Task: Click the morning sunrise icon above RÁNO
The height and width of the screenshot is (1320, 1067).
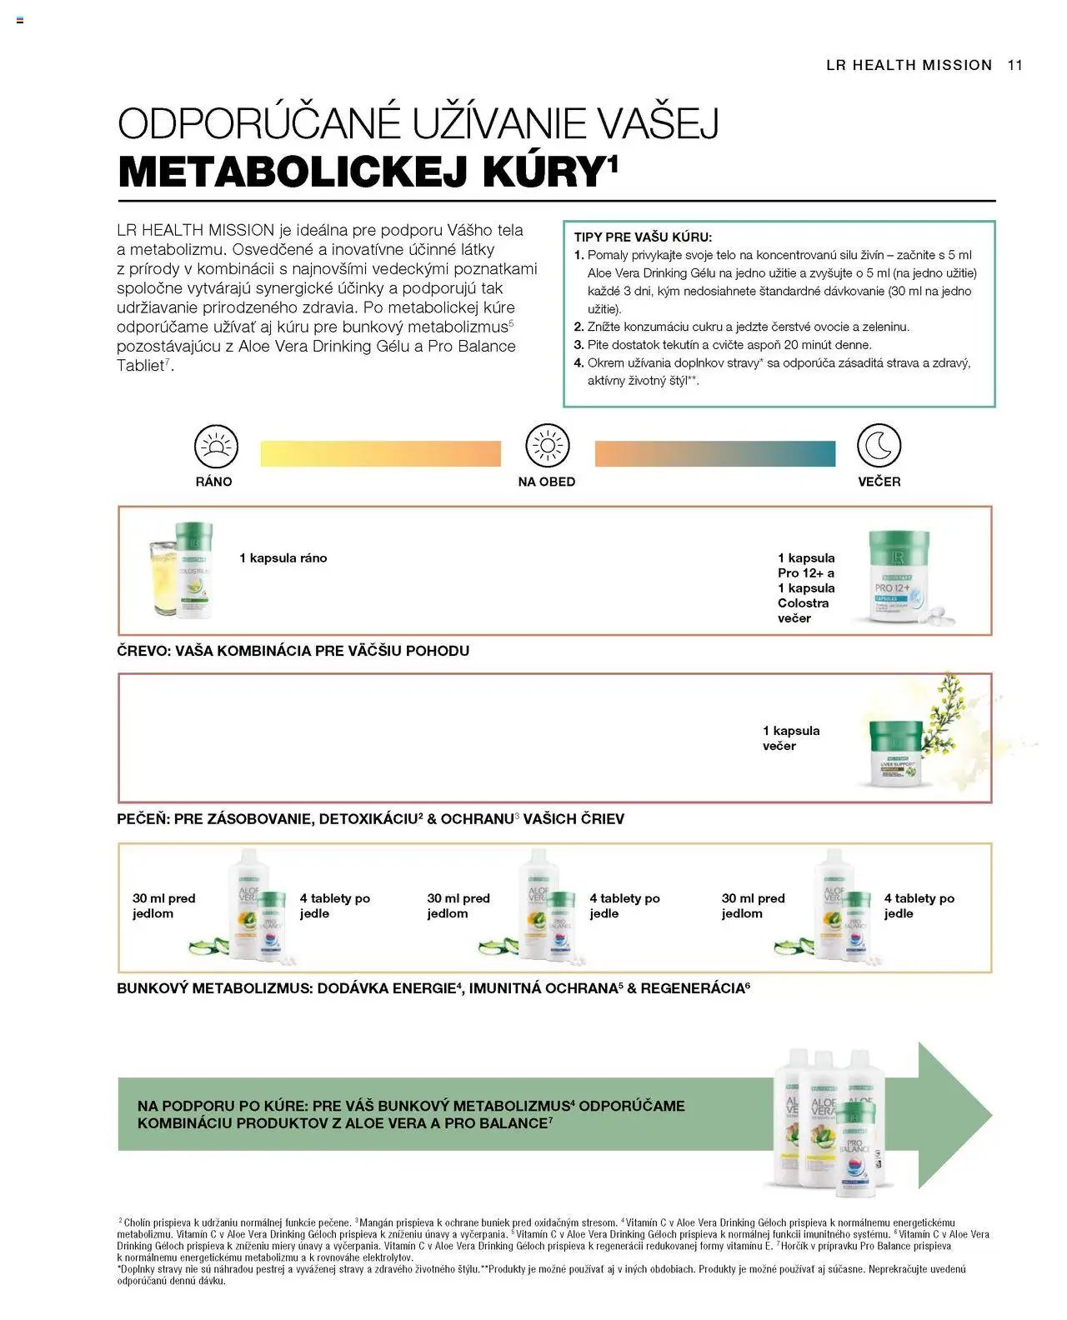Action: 216,446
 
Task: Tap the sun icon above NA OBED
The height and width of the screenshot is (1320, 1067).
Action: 547,446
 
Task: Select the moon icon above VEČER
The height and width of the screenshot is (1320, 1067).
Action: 879,446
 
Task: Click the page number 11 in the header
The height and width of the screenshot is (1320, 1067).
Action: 1014,65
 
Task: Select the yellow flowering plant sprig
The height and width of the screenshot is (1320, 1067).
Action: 949,717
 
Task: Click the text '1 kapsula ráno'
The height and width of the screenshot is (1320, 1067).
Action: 283,558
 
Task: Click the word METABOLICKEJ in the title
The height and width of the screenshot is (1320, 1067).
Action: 296,172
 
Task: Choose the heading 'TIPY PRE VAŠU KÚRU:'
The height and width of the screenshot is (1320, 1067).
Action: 643,237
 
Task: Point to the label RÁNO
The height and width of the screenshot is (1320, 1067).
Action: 214,482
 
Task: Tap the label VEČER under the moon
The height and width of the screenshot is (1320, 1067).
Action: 879,482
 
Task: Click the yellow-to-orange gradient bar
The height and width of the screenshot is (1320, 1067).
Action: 381,453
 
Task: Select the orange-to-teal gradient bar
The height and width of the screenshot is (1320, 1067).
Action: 714,453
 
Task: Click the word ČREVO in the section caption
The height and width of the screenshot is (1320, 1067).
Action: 143,651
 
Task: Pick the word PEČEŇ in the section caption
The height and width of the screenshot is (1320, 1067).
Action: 143,819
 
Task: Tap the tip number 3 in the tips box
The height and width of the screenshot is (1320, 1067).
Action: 579,345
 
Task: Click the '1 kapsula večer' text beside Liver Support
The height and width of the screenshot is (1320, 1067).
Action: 790,738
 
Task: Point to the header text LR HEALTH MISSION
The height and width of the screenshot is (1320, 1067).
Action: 909,65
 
